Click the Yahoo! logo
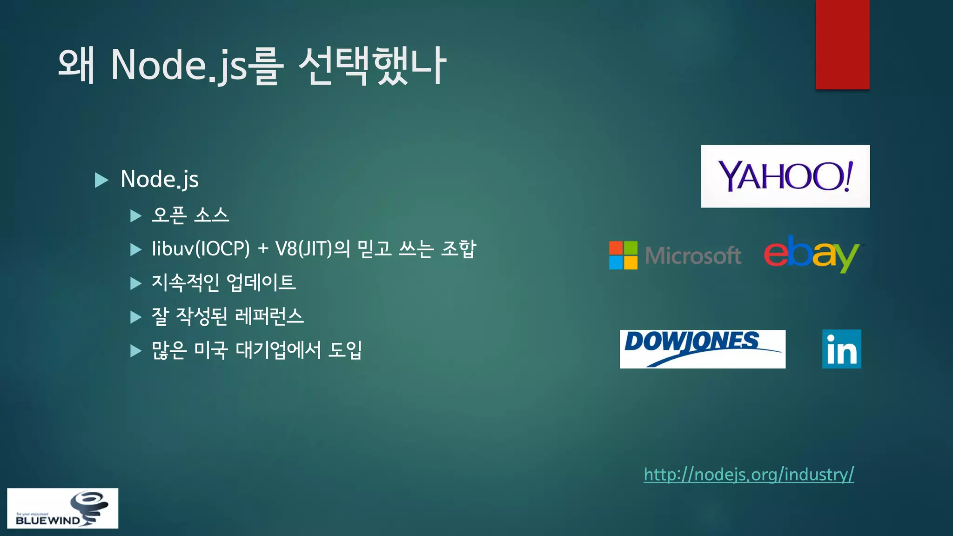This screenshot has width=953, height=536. point(785,176)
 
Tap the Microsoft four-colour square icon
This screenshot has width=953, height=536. point(623,255)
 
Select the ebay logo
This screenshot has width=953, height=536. point(812,254)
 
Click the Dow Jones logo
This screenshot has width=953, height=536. point(702,349)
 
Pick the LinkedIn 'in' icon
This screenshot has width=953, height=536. point(841,349)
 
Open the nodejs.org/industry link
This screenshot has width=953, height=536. point(748,474)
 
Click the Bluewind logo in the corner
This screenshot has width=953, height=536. point(62,508)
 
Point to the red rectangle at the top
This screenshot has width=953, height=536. point(842,44)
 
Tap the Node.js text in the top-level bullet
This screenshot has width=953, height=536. point(160,179)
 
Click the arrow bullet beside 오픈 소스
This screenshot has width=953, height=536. point(135,216)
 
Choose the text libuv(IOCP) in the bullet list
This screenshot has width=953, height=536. point(201,249)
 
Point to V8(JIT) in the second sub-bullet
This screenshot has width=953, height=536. point(303,249)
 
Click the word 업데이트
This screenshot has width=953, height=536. point(261,282)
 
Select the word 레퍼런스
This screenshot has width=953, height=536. point(269,316)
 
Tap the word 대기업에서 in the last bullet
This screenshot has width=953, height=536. point(278,350)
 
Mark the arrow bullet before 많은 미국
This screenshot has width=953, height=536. point(135,350)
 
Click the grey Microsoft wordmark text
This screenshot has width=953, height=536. point(693,255)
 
